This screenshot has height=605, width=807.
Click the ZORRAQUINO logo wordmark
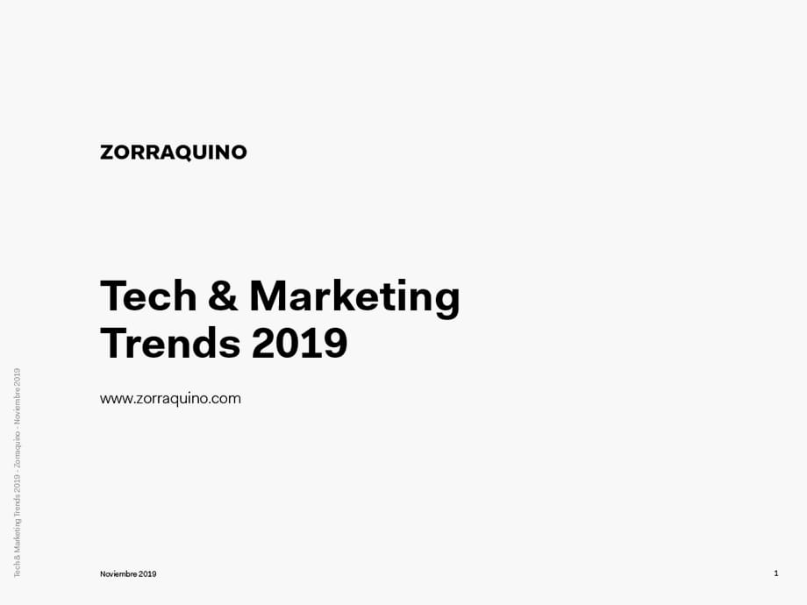[174, 153]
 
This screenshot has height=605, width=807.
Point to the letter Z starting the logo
[106, 153]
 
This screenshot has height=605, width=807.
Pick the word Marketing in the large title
[354, 299]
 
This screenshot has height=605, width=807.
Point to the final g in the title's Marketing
[446, 302]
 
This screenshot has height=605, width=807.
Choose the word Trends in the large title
[170, 343]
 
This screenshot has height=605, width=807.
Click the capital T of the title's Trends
[114, 343]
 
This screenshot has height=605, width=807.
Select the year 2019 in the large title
[299, 343]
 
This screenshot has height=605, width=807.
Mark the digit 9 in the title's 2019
[336, 343]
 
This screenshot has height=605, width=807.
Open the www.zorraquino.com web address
[170, 399]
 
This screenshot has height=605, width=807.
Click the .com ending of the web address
[225, 399]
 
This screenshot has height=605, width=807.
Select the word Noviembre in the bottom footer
[118, 573]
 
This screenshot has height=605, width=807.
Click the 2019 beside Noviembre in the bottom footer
[147, 573]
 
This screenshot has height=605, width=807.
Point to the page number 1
[776, 573]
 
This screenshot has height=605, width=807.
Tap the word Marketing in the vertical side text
[17, 533]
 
